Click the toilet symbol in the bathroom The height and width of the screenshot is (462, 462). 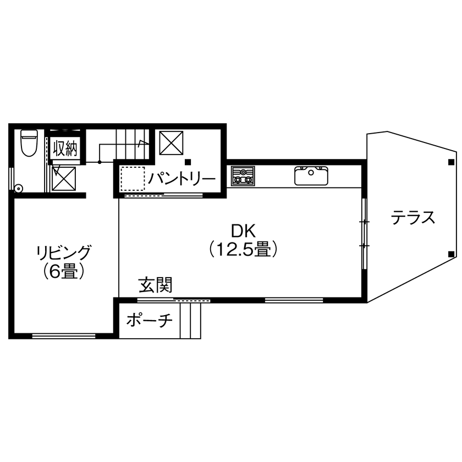tap(28, 143)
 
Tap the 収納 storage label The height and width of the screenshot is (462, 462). tap(65, 149)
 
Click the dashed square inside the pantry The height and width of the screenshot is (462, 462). tap(133, 178)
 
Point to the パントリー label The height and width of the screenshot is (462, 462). tap(182, 178)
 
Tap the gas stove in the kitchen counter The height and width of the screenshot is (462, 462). tap(243, 176)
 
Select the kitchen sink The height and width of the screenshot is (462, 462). tap(311, 175)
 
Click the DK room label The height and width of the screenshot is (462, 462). tap(241, 229)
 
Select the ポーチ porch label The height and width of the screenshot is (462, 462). tap(150, 320)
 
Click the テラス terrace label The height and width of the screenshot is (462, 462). tap(413, 218)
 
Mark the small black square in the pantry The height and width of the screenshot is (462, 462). tap(188, 162)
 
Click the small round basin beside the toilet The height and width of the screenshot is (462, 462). tap(19, 188)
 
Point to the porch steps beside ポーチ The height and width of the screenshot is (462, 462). tap(190, 321)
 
